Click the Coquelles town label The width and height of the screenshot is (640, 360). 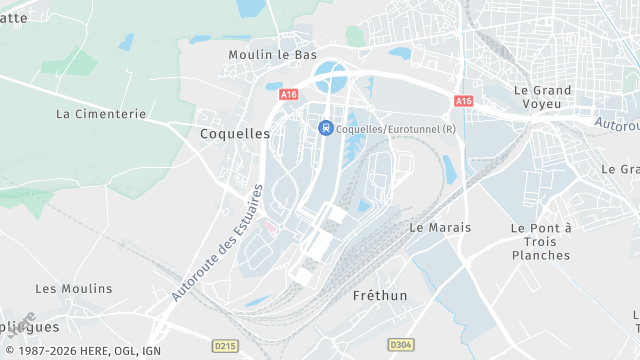pos(235,132)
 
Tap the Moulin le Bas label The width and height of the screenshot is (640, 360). pos(272,54)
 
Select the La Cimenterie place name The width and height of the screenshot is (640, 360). pos(101,114)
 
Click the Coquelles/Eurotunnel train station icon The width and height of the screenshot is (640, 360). pos(325,127)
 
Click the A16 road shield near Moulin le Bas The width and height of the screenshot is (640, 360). pos(289,95)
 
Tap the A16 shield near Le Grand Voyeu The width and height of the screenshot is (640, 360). pos(463,101)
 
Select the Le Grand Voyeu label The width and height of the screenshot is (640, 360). pos(543,98)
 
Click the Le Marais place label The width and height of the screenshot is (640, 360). pos(440,227)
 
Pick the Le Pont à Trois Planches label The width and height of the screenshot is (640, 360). pos(540,241)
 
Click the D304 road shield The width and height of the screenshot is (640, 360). pos(401,345)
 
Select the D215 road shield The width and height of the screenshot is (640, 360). pos(226,345)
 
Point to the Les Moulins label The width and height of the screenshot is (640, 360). pos(74,288)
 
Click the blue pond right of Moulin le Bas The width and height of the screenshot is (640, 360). pos(400,53)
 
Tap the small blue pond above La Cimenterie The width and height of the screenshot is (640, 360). pos(126,42)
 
